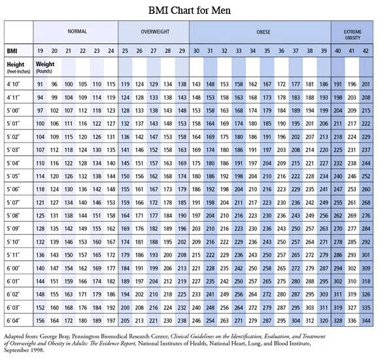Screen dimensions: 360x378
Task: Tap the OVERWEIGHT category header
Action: [x=154, y=31]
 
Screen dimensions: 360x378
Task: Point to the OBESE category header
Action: [x=260, y=31]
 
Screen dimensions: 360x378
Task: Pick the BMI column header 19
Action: [x=41, y=50]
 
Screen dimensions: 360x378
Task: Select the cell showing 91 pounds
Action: [x=41, y=84]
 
